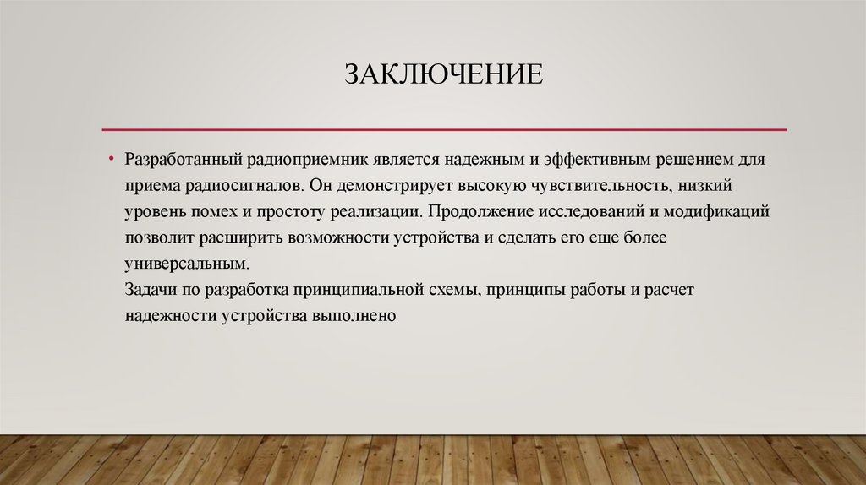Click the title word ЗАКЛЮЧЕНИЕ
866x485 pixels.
tap(442, 74)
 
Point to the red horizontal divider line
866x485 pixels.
tap(444, 129)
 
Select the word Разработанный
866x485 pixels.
tap(184, 160)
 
